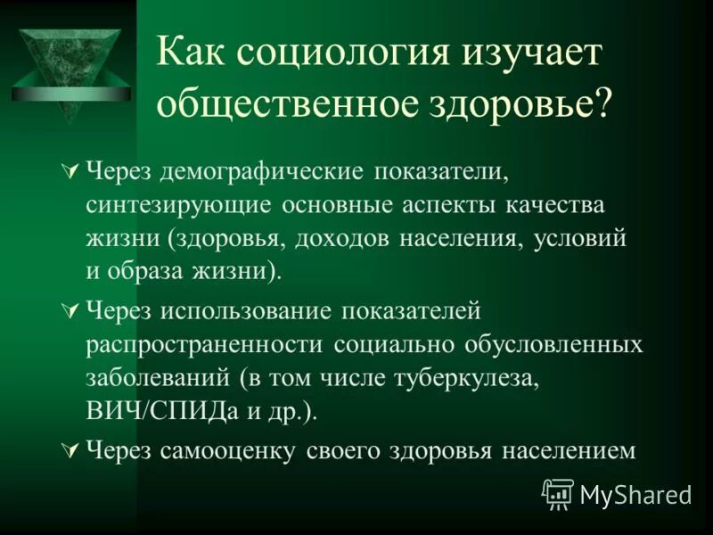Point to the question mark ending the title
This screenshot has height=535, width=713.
tap(604, 104)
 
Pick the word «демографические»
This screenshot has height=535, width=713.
tap(258, 170)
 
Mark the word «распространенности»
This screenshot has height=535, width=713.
tap(207, 343)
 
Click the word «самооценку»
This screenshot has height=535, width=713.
tap(228, 450)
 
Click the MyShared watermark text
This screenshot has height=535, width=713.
tap(634, 493)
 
